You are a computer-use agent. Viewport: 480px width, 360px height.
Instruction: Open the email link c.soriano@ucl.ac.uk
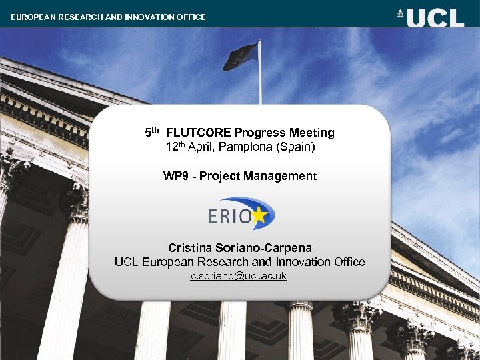click(239, 275)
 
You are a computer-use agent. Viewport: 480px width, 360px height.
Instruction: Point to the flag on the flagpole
click(240, 57)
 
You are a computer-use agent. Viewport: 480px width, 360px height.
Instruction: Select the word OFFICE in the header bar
click(190, 17)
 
